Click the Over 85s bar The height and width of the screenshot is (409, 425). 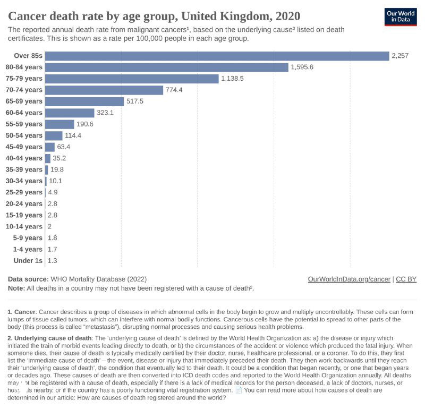[x=217, y=56]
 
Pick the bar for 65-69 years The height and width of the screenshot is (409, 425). [x=84, y=101]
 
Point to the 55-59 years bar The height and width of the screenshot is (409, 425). [x=59, y=124]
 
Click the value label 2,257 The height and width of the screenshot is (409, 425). [x=400, y=56]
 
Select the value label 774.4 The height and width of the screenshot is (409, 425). [x=174, y=90]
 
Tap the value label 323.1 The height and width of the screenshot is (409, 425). [x=105, y=113]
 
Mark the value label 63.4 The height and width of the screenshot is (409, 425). [x=64, y=147]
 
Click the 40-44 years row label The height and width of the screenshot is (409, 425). [x=24, y=158]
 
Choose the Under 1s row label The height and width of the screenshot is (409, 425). [x=27, y=260]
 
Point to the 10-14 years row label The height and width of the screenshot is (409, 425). [x=24, y=226]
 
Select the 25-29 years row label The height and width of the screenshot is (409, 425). [x=24, y=192]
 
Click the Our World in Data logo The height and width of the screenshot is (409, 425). [x=401, y=17]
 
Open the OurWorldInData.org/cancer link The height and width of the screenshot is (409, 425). [x=349, y=279]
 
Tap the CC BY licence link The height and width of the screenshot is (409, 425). [x=406, y=279]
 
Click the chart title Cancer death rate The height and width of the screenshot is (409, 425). [x=154, y=15]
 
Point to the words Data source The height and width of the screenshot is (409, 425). [x=28, y=279]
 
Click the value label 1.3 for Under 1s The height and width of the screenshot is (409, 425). [x=53, y=260]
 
